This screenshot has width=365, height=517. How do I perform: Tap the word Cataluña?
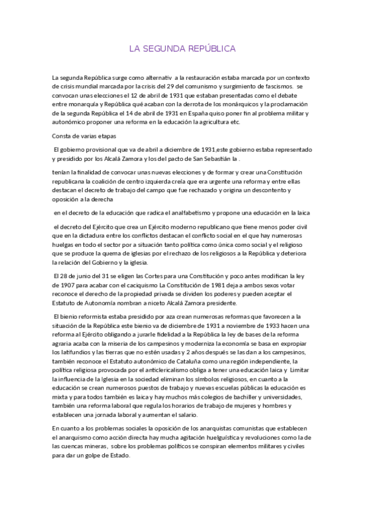pyautogui.click(x=213, y=362)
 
